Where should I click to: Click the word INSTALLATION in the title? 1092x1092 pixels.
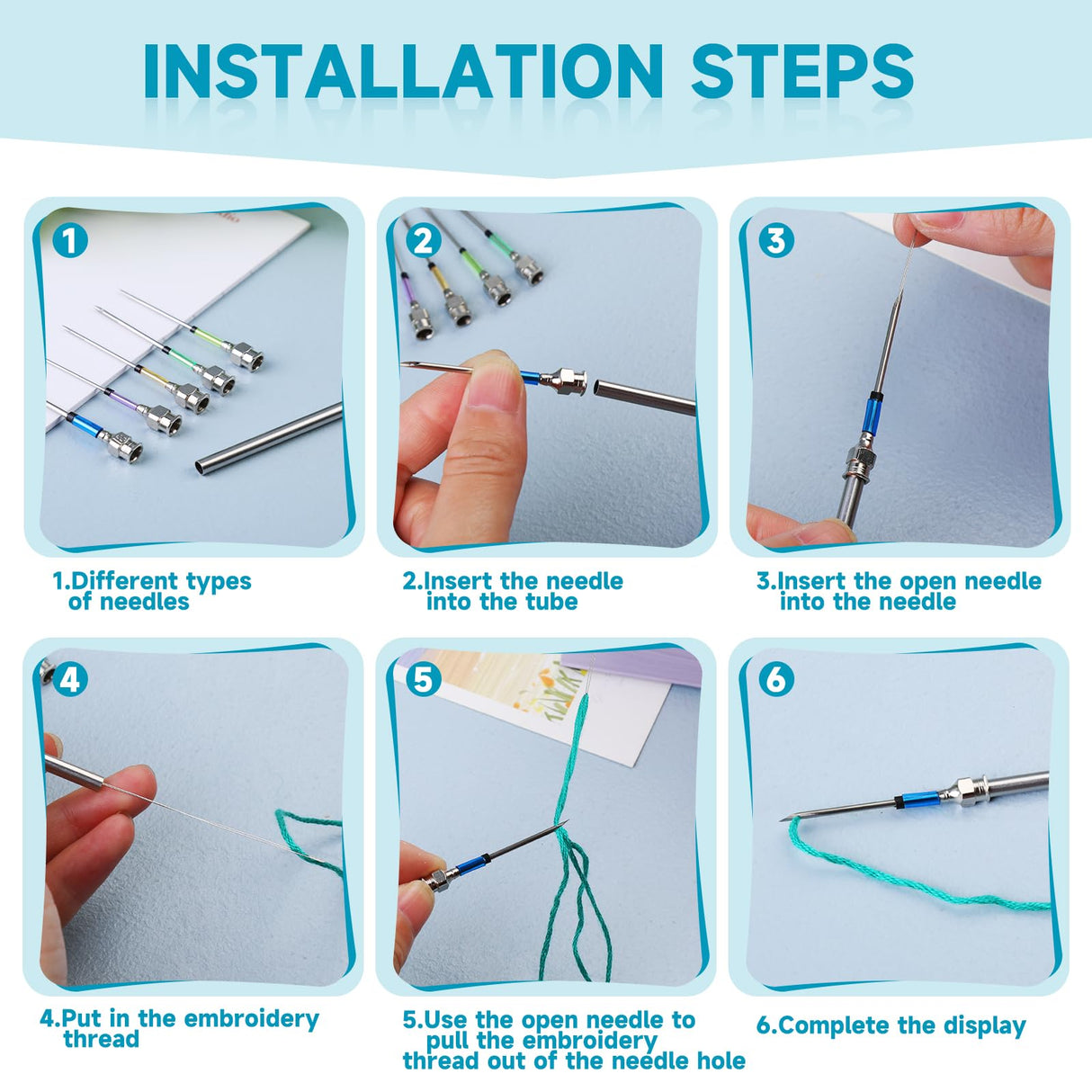point(402,72)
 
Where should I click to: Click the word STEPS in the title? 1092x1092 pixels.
point(801,72)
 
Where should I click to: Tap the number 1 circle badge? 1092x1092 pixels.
point(70,241)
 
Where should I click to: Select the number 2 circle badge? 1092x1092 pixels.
point(424,241)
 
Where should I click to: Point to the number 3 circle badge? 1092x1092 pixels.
point(775,241)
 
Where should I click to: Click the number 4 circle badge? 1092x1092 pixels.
point(70,679)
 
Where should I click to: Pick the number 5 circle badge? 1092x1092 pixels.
point(424,679)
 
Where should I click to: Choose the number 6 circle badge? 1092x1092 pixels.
point(775,679)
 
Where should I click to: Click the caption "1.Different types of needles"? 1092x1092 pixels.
point(151,592)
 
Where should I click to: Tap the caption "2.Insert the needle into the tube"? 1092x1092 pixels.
point(512,592)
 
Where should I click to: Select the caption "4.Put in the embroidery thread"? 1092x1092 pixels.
point(179,1029)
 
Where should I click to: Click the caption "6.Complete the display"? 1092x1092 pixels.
point(891,1025)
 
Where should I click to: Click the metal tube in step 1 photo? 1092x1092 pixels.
point(270,438)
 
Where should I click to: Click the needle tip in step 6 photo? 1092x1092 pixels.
point(784,819)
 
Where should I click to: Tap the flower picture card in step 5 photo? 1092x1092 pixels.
point(549,693)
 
